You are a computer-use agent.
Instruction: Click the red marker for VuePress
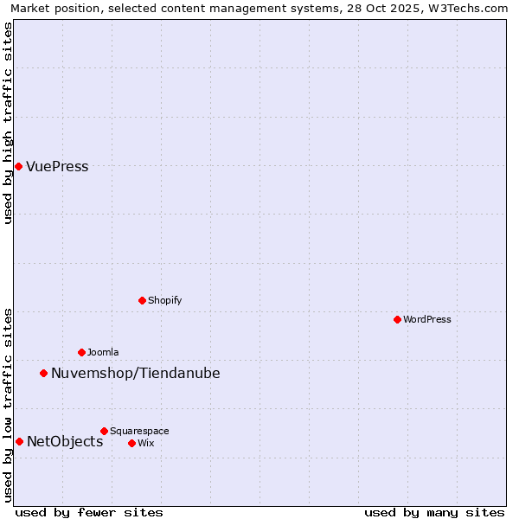(18, 166)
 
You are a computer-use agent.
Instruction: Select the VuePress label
(57, 167)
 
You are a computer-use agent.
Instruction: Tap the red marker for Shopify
(142, 300)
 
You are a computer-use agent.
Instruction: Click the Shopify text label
(164, 301)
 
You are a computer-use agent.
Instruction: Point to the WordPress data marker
(397, 319)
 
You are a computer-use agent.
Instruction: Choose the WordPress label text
(426, 320)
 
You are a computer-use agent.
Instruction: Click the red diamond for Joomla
(81, 352)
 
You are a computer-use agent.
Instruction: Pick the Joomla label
(103, 353)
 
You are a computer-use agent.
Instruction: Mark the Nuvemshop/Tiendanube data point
(43, 373)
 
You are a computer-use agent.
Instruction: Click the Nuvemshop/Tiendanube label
(135, 374)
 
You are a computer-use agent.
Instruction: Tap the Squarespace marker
(104, 431)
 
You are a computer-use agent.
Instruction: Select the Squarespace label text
(139, 432)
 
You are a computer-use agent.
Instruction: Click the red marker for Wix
(131, 443)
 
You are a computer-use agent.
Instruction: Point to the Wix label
(145, 444)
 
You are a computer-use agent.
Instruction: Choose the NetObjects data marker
(19, 441)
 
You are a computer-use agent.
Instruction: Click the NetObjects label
(65, 442)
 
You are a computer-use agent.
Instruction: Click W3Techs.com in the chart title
(468, 9)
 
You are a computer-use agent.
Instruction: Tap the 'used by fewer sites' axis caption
(89, 513)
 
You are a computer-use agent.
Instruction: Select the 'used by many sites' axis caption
(434, 513)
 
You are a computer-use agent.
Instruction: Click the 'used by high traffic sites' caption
(9, 123)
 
